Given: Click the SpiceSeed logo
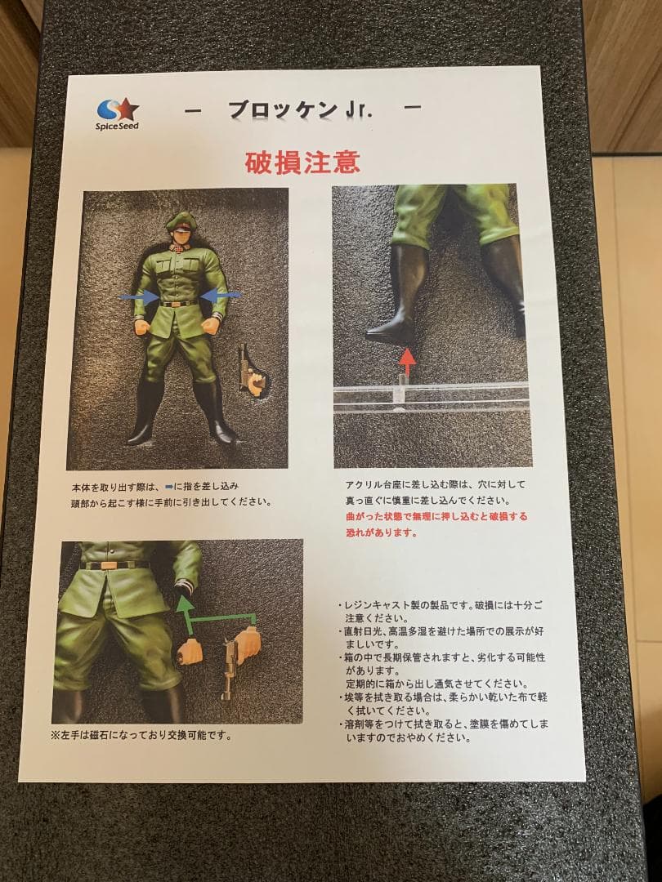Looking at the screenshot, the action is click(118, 114).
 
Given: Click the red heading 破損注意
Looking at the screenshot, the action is click(302, 163).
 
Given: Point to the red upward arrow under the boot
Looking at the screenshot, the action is click(407, 361).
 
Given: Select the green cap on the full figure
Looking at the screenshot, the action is click(181, 220).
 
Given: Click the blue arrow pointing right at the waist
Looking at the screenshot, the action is click(138, 297).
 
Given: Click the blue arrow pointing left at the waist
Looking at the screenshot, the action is click(220, 296).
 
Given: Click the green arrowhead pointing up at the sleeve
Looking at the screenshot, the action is click(186, 605).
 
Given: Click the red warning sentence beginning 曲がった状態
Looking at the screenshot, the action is click(436, 524).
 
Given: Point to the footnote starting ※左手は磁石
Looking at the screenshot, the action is click(141, 735).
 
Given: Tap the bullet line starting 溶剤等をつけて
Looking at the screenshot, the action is click(443, 730).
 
